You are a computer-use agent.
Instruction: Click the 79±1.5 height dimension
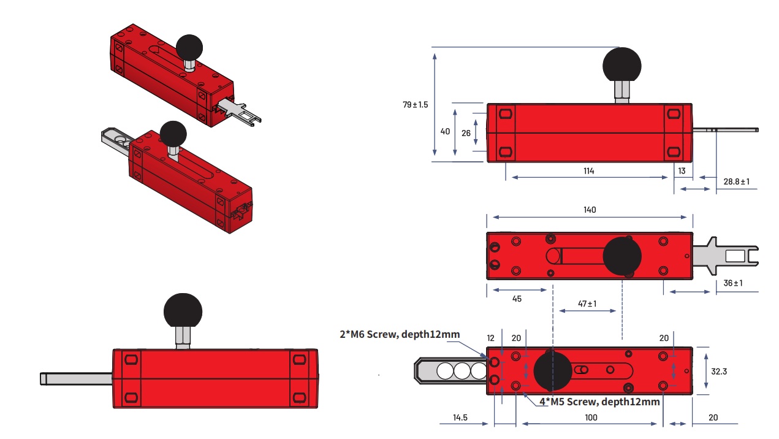pos(416,104)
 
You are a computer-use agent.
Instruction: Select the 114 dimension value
pos(588,170)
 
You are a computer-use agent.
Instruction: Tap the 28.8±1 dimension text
pos(737,181)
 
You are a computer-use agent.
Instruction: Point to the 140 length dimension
pos(590,210)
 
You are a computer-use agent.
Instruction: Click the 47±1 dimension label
pos(587,303)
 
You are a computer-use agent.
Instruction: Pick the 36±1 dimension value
pos(733,283)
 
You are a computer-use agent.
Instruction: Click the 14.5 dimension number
pos(460,418)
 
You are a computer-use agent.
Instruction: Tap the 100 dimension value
pos(590,418)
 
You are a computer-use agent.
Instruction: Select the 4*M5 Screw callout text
pos(599,402)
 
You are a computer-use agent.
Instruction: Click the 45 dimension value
pos(517,299)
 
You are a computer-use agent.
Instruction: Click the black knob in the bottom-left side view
pos(183,311)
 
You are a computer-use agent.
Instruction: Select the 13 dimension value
pos(682,170)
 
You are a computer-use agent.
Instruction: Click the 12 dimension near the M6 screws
pos(490,338)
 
